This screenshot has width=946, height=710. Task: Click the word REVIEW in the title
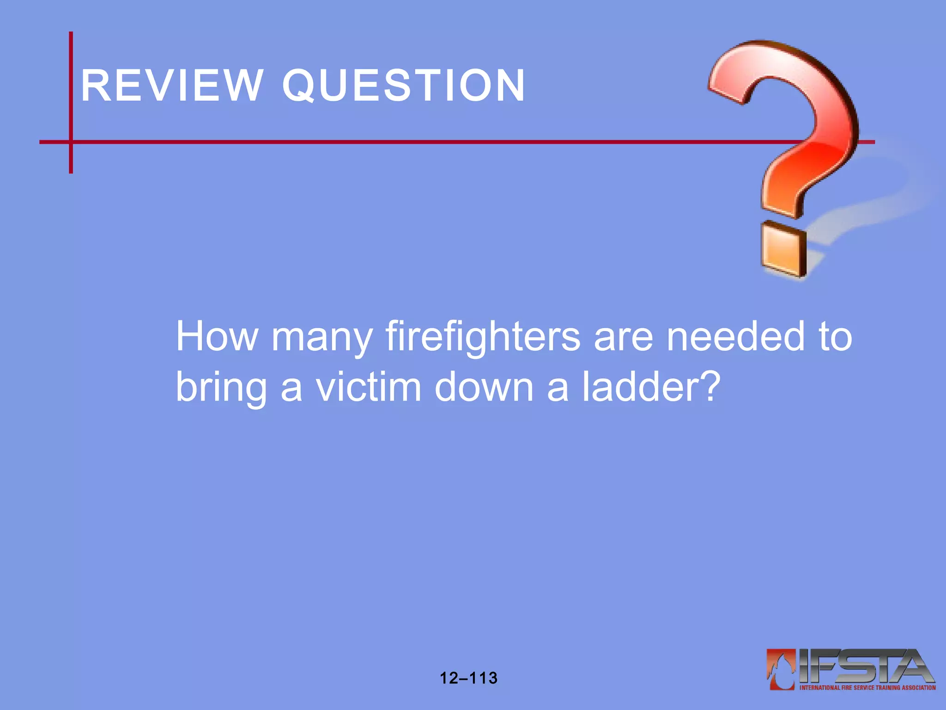click(171, 86)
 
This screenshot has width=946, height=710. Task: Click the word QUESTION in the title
click(404, 86)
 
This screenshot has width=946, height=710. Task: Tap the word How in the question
click(217, 336)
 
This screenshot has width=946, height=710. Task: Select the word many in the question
click(322, 339)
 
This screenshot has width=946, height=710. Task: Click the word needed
click(736, 336)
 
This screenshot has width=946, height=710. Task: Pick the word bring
click(221, 388)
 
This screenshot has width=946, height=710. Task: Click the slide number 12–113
click(468, 678)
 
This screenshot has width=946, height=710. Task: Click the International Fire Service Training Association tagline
click(867, 688)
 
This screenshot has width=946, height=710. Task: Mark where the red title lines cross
click(71, 142)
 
